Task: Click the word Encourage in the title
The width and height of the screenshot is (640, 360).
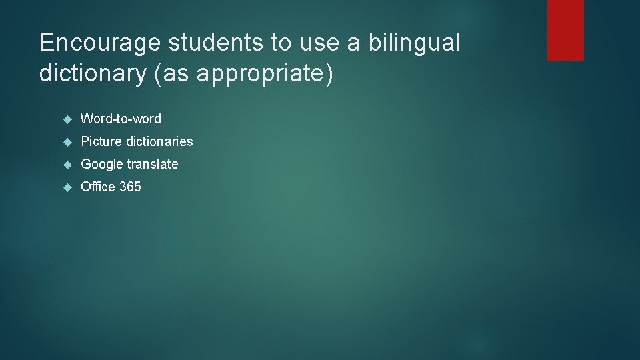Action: pyautogui.click(x=100, y=43)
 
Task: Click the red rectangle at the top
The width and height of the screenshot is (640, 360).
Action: pyautogui.click(x=565, y=29)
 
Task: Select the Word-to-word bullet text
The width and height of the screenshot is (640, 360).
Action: pyautogui.click(x=121, y=119)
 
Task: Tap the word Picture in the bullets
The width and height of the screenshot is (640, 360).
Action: pyautogui.click(x=101, y=141)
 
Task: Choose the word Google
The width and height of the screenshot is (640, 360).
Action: pyautogui.click(x=102, y=164)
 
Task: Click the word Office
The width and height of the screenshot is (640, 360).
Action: pyautogui.click(x=97, y=187)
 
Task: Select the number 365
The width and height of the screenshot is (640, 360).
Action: pyautogui.click(x=130, y=187)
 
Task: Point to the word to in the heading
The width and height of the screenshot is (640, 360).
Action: pyautogui.click(x=281, y=43)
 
